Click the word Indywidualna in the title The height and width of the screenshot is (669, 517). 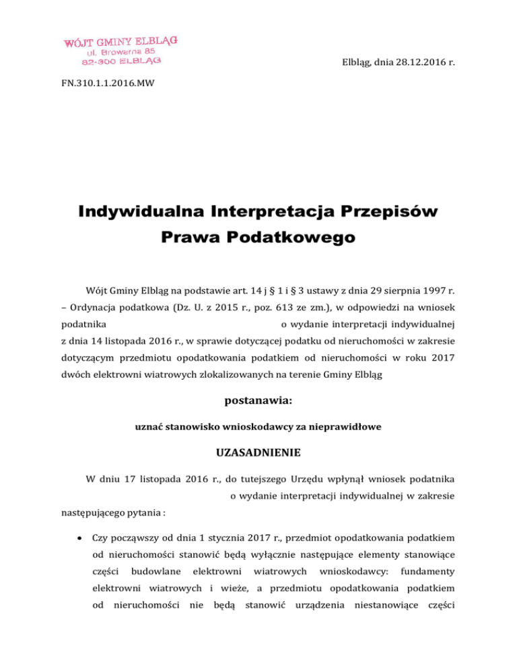145,213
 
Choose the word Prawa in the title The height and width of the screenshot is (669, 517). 191,240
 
